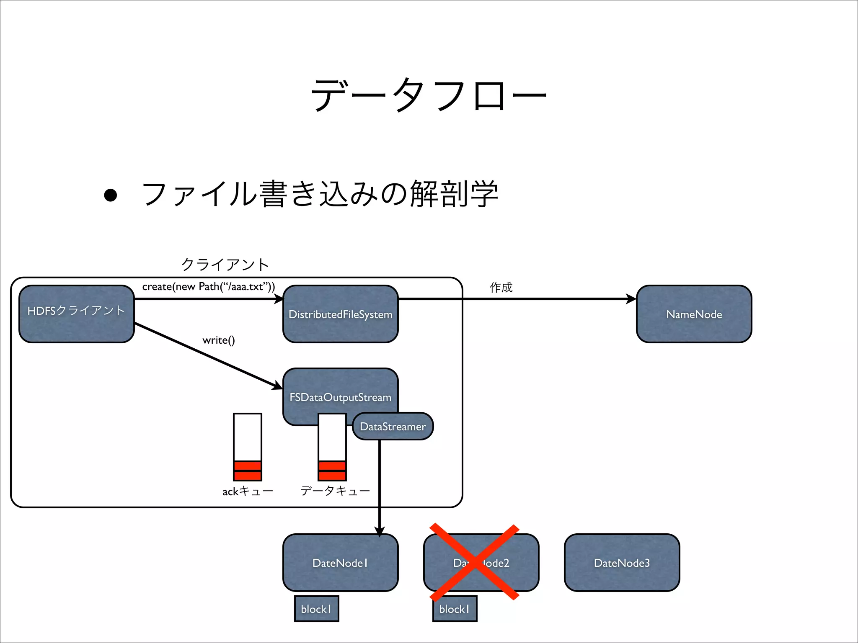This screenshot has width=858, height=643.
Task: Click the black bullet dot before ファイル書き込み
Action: coord(111,195)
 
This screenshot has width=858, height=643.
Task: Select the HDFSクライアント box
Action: coord(77,314)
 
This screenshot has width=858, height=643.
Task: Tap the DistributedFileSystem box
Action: coord(340,314)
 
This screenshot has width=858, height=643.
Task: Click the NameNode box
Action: coord(694,314)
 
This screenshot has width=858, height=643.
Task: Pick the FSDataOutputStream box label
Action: coord(340,397)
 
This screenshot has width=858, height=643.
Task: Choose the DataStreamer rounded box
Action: coord(393,426)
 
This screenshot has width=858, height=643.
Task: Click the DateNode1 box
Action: coord(340,562)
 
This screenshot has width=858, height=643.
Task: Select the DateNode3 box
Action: coord(622,562)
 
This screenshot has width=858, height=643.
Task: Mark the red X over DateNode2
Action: coord(474,562)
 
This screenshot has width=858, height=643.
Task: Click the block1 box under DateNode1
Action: coord(316,609)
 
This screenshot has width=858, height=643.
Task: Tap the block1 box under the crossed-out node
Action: coord(455,609)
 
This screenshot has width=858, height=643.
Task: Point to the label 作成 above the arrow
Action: coord(501,287)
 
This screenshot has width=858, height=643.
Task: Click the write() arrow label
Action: coord(218,340)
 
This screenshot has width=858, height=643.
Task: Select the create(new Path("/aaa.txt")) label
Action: coord(208,286)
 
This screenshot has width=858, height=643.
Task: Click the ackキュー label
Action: coord(248,491)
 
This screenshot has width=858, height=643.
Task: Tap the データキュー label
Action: coord(335,490)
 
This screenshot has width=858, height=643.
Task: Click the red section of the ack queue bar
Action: coord(248,471)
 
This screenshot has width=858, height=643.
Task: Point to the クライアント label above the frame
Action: coord(225,264)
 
